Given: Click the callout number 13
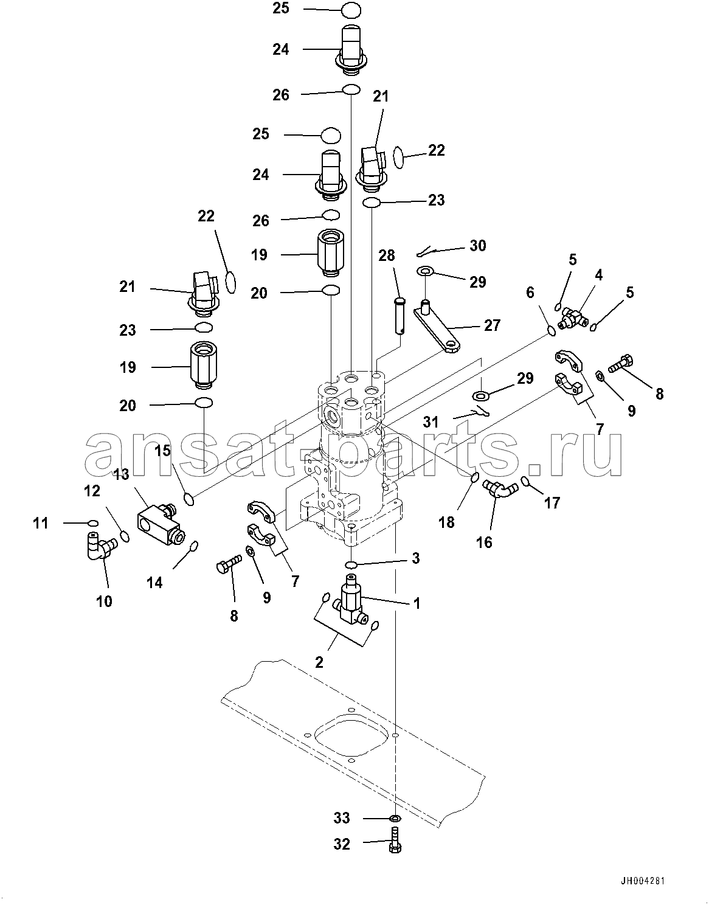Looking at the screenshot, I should [122, 474].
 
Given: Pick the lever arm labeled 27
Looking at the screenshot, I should [438, 329].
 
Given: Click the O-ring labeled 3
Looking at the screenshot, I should [353, 564].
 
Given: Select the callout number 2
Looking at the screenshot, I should [319, 662].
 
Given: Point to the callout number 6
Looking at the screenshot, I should [530, 293].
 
